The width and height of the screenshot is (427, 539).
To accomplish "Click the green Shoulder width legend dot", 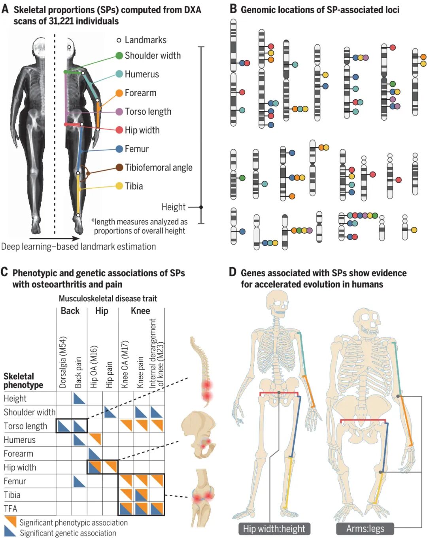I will click(x=119, y=56).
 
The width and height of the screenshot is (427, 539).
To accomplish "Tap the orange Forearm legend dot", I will click(x=119, y=93).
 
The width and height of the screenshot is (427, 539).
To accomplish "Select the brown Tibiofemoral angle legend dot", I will click(x=119, y=167).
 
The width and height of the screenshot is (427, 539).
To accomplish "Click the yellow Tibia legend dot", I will click(x=119, y=186).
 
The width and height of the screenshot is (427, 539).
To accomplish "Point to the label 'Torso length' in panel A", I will click(x=148, y=112).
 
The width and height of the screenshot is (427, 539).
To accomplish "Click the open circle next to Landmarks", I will click(x=119, y=40).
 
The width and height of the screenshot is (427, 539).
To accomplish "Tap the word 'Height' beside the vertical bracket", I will click(x=173, y=207).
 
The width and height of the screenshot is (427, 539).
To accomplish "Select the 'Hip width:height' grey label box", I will click(x=274, y=529).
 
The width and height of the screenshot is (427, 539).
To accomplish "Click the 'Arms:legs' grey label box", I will click(x=365, y=529).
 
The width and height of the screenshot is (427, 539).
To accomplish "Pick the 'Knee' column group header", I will click(x=140, y=311).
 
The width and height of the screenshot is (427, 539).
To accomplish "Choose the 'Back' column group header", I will click(x=70, y=311).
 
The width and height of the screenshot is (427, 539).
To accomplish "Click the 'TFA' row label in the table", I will click(x=11, y=509).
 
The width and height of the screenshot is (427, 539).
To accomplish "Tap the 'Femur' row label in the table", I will click(x=15, y=481).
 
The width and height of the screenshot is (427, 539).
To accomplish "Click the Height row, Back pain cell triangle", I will click(x=79, y=399).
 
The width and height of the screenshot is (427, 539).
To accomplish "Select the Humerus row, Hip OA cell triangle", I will click(x=95, y=439).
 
